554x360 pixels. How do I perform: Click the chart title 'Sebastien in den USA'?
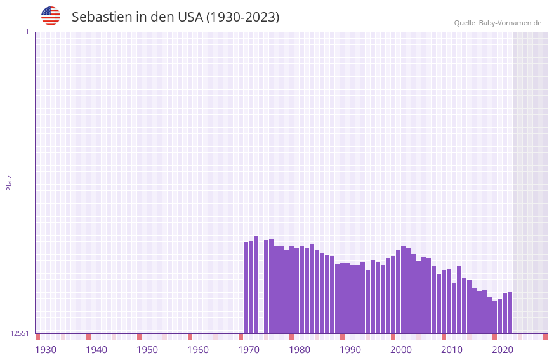[x=175, y=17]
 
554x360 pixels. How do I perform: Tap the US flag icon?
[x=51, y=16]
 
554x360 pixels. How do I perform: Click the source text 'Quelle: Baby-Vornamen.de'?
[x=498, y=23]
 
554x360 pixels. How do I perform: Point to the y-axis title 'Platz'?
[x=9, y=182]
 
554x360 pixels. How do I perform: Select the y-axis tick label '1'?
[x=27, y=32]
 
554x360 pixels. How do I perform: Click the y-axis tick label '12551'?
[x=20, y=333]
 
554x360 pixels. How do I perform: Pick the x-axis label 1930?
[x=46, y=350]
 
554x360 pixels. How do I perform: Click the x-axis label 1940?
[x=96, y=350]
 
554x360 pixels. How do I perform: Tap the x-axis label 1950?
[x=147, y=350]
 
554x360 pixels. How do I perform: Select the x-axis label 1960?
[x=198, y=350]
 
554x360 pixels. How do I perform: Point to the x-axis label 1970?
[x=249, y=350]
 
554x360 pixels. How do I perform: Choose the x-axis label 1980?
[x=300, y=350]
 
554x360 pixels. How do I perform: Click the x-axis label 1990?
[x=350, y=350]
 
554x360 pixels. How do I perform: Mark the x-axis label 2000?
[x=401, y=350]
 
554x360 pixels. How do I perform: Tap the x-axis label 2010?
[x=452, y=350]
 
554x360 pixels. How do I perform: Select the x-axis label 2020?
[x=503, y=350]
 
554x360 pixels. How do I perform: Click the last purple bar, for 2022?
[x=510, y=312]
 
